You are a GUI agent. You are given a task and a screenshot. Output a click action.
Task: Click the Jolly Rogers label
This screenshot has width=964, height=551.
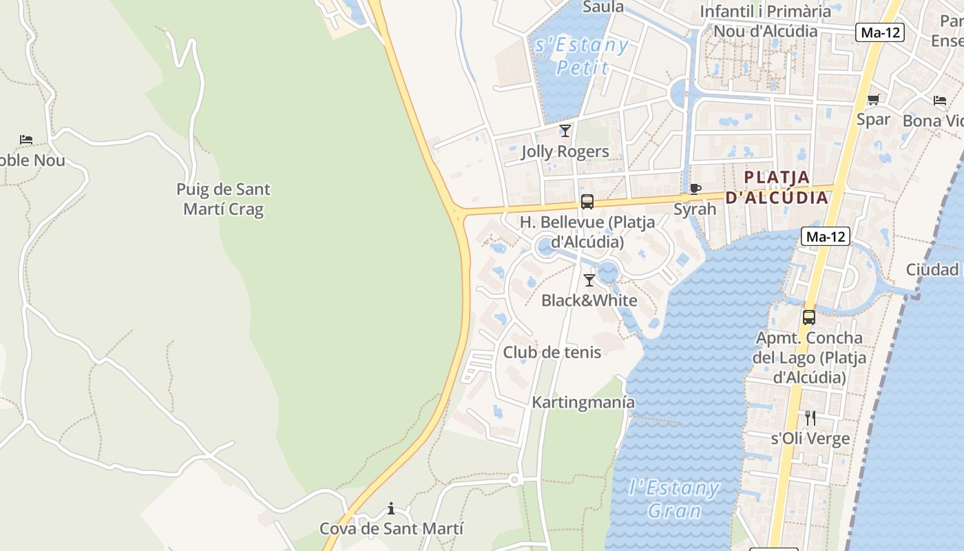pos(565,152)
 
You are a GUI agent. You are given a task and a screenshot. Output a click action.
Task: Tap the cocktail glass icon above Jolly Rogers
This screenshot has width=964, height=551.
pos(565,130)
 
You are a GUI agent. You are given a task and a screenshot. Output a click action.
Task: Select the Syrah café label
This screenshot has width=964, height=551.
pos(695,209)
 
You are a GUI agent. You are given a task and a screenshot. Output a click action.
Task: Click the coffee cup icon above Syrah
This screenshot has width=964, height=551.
pos(695,189)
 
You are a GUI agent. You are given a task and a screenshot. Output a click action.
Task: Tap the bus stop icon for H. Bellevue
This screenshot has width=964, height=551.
pos(587,202)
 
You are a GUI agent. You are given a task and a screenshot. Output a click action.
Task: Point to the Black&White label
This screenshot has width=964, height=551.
pos(589,300)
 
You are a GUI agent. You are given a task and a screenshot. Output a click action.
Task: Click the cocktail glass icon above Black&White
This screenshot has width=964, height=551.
pos(589,280)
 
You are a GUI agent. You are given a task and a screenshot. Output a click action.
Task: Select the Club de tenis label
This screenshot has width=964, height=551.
pos(552,352)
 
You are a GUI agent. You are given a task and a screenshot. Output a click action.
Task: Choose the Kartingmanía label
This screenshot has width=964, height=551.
pos(583,402)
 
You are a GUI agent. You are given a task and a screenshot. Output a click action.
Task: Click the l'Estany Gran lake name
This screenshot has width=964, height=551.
pos(675,499)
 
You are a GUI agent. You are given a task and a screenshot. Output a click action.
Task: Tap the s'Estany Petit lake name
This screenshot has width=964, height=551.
pos(582,56)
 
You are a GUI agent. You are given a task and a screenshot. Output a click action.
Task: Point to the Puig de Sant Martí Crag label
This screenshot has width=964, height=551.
pos(223,198)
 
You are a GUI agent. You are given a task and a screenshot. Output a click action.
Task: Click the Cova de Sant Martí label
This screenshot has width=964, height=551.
pos(391,528)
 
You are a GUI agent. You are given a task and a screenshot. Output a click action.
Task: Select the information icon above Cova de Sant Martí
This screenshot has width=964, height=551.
pos(391,508)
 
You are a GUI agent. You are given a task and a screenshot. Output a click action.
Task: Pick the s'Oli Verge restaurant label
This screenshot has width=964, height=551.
pos(810,438)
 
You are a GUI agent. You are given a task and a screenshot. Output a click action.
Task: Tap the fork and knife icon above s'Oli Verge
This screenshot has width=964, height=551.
pos(810,417)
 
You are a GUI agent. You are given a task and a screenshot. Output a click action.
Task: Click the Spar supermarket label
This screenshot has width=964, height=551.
pos(873,119)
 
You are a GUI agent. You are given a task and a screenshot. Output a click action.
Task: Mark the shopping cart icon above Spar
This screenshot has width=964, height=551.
pos(873,99)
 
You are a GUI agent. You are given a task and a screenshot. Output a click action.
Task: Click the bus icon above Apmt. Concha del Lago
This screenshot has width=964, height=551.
pos(809,318)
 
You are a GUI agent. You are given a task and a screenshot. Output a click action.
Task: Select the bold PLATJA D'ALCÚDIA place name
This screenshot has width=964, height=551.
pos(777,187)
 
